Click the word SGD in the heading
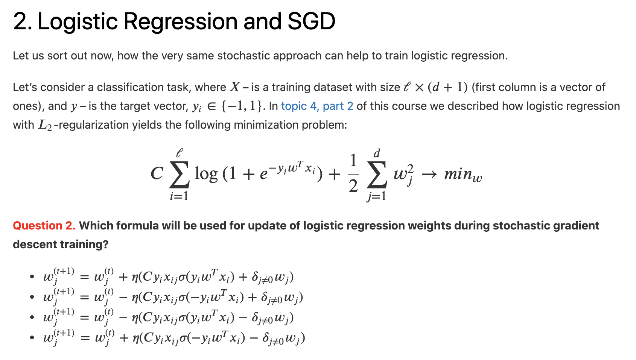pos(312,21)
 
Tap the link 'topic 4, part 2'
pos(317,106)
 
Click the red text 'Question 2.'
pos(44,226)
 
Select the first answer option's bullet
pos(32,276)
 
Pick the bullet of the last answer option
pos(32,338)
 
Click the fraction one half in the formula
pos(353,173)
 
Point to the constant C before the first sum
pos(157,173)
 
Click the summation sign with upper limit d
pos(377,175)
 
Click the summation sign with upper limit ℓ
pos(179,175)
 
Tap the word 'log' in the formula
pos(206,174)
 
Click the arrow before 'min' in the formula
pos(429,175)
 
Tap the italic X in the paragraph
pos(235,87)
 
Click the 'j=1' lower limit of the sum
pos(376,196)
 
